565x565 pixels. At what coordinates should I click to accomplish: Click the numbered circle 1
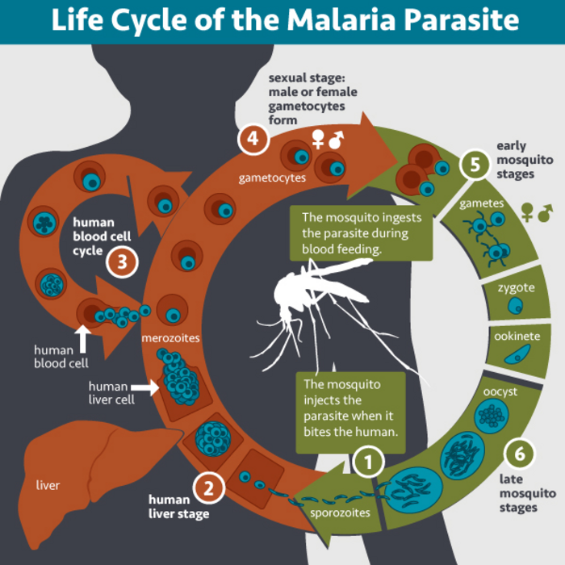(368, 463)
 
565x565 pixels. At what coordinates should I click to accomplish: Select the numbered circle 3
(122, 261)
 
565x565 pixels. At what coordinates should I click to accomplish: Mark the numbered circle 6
(520, 453)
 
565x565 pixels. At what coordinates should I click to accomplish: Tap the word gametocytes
(271, 177)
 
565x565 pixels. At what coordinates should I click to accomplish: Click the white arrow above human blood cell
(82, 337)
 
